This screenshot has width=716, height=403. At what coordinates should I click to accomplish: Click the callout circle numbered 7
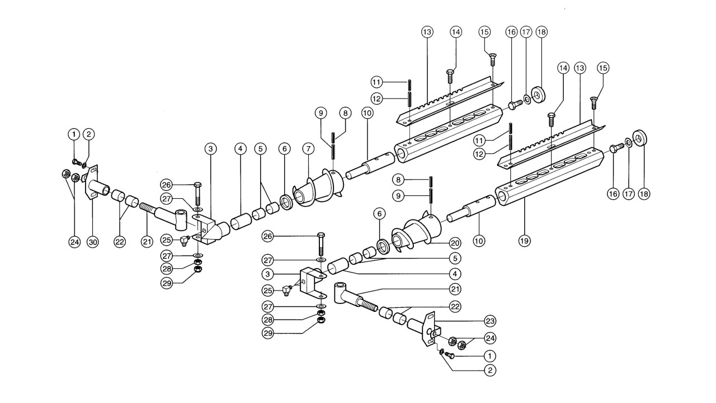308,149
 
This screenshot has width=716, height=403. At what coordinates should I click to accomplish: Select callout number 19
524,240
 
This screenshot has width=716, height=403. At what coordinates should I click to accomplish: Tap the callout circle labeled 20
455,243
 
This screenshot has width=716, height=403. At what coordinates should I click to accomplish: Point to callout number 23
490,321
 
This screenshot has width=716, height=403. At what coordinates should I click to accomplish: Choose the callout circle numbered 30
93,242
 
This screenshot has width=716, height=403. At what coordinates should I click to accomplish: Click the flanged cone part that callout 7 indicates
318,187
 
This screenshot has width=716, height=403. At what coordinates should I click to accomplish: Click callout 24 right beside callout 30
75,242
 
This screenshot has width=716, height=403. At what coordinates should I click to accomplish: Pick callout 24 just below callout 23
490,339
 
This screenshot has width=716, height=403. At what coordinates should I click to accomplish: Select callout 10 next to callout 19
478,240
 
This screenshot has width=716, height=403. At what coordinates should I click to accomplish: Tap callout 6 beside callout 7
284,149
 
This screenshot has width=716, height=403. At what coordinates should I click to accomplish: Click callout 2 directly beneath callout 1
490,371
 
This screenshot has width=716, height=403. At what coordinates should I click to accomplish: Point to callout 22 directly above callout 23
455,306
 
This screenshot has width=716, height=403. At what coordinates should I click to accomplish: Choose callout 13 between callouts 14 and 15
580,68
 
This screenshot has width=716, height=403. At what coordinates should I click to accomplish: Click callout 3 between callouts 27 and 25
267,274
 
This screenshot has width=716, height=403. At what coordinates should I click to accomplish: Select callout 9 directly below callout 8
398,195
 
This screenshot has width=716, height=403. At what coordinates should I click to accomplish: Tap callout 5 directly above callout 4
455,258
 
